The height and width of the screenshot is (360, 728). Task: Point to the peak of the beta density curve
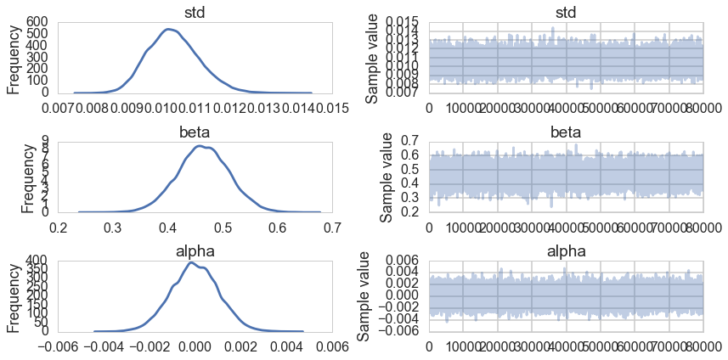point(199,146)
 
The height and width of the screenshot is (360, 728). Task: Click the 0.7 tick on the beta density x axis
point(332,227)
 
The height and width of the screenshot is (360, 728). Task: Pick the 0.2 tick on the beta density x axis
point(59,227)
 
